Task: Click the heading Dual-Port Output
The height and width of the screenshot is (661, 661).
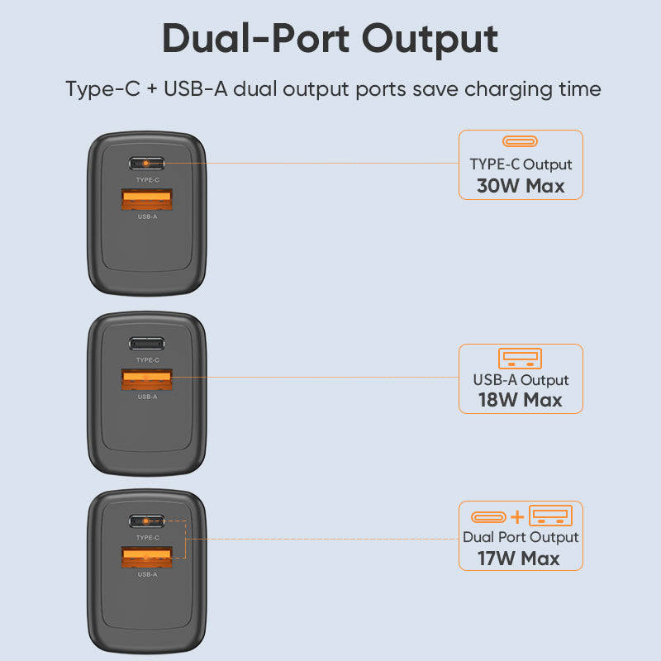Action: (330, 38)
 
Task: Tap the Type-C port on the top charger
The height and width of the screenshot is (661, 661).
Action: (147, 164)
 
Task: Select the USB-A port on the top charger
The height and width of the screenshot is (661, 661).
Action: (147, 199)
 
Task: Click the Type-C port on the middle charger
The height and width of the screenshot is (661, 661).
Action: (147, 344)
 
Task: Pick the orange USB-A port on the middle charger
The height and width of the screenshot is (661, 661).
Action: (147, 378)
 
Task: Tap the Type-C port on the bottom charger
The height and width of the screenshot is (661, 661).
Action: (147, 521)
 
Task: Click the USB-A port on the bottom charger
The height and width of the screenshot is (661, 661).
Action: (147, 556)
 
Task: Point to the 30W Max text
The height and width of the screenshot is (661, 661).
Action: (521, 186)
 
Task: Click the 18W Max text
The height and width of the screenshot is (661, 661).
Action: (521, 401)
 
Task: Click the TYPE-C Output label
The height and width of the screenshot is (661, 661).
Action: (521, 164)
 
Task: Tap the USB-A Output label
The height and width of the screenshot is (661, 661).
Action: (521, 380)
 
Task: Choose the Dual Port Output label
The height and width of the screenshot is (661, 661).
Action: (521, 537)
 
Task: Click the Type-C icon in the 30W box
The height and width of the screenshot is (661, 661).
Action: (521, 141)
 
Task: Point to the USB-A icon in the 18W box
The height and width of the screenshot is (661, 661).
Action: (521, 359)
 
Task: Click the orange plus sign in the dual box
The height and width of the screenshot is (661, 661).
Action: (517, 517)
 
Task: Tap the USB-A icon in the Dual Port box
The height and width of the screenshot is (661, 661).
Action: (550, 515)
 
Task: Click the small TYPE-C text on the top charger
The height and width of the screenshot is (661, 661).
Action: (147, 179)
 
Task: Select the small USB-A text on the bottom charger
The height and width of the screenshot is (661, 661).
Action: (147, 574)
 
